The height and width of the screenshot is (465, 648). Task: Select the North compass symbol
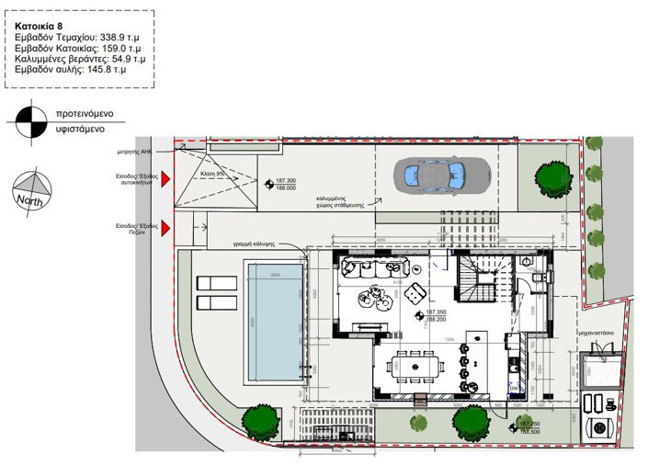[x=32, y=191]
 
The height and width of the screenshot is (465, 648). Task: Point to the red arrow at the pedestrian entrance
[x=166, y=226]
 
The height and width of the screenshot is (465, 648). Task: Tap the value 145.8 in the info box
[x=97, y=68]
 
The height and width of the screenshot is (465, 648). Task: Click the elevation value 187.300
[x=286, y=180]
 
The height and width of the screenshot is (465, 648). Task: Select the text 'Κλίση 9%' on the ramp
[x=213, y=172]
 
